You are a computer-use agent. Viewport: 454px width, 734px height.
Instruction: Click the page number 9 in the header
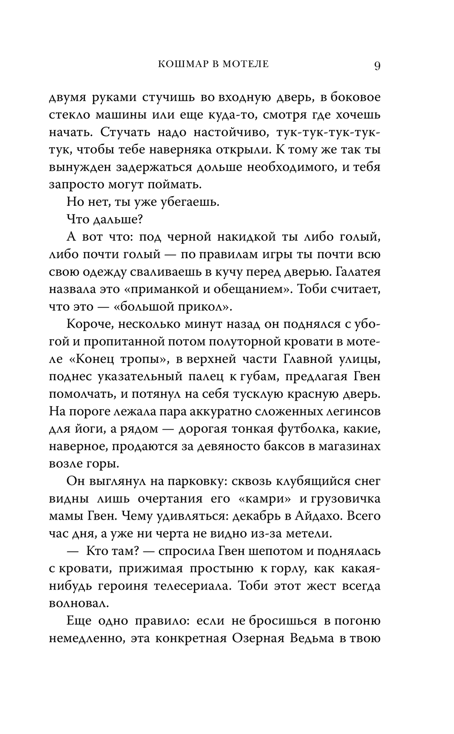click(x=377, y=66)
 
